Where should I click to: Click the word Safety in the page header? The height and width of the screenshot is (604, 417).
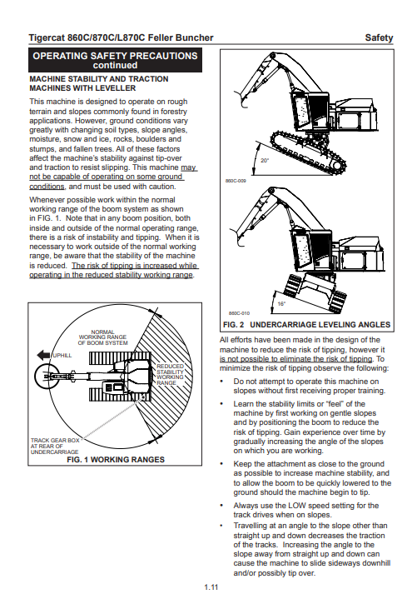click(x=379, y=37)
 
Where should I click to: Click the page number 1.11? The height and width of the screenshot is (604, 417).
click(x=211, y=587)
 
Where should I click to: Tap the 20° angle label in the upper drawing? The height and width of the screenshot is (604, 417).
click(x=265, y=161)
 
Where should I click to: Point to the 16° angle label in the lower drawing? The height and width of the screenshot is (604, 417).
click(x=281, y=303)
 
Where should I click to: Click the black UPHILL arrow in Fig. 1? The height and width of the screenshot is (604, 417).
click(x=43, y=355)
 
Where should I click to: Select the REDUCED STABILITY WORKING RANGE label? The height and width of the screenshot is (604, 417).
click(x=170, y=374)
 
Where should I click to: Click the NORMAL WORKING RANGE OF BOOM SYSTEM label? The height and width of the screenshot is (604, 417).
click(x=102, y=337)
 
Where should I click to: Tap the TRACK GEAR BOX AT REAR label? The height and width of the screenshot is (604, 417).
click(x=55, y=446)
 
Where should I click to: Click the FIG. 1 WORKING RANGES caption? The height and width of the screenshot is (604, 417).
click(x=116, y=460)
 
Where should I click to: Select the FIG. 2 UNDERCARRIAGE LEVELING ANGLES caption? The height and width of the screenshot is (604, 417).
click(x=306, y=325)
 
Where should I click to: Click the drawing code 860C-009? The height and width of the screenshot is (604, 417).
click(x=236, y=180)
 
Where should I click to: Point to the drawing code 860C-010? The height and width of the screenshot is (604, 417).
click(x=239, y=313)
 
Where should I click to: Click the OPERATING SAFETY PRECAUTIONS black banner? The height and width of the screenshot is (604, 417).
click(x=115, y=61)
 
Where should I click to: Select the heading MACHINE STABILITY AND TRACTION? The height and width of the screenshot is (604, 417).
click(x=99, y=79)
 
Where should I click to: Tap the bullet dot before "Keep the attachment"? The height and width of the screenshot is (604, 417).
click(x=221, y=464)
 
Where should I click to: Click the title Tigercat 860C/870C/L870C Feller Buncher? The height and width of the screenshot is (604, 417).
click(x=121, y=37)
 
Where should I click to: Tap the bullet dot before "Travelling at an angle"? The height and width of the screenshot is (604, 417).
click(x=221, y=526)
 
